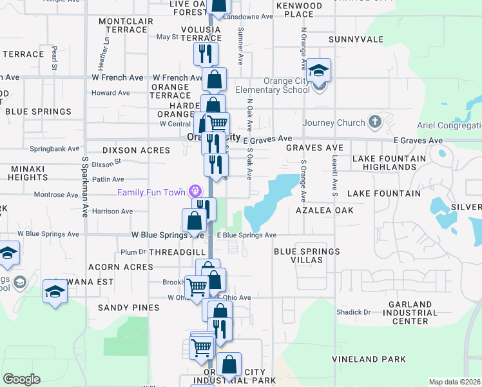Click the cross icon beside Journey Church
375,122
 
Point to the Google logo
21,379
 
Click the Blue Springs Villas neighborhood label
307,256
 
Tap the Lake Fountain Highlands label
389,163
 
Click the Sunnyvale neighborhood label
356,39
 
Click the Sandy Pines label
128,308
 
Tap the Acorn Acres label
113,267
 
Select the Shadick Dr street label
354,312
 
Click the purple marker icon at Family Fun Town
195,191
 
